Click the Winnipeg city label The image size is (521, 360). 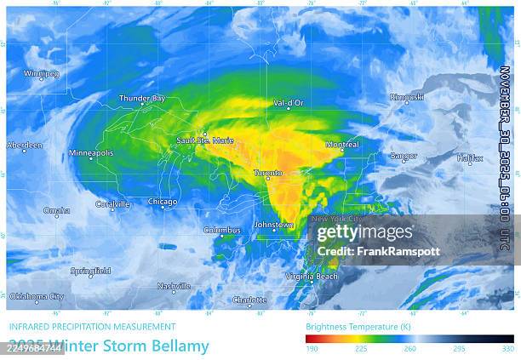[42, 74]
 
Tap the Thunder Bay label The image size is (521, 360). [141, 99]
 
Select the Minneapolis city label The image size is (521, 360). [91, 153]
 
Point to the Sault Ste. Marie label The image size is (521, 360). [204, 140]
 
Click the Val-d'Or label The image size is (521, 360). [288, 103]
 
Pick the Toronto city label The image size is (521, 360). [267, 173]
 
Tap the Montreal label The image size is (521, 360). [341, 145]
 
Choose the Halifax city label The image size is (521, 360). [469, 158]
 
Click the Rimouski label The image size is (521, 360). [406, 97]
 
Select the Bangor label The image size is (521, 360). [403, 157]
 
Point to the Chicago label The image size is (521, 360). [163, 202]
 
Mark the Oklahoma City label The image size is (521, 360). [37, 297]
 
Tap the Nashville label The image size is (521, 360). [174, 287]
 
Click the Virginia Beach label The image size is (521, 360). [312, 277]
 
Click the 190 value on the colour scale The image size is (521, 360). [312, 349]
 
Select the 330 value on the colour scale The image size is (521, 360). [507, 349]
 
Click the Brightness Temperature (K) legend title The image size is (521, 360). [351, 327]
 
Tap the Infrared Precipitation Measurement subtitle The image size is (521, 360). [92, 327]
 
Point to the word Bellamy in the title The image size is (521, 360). [178, 346]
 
